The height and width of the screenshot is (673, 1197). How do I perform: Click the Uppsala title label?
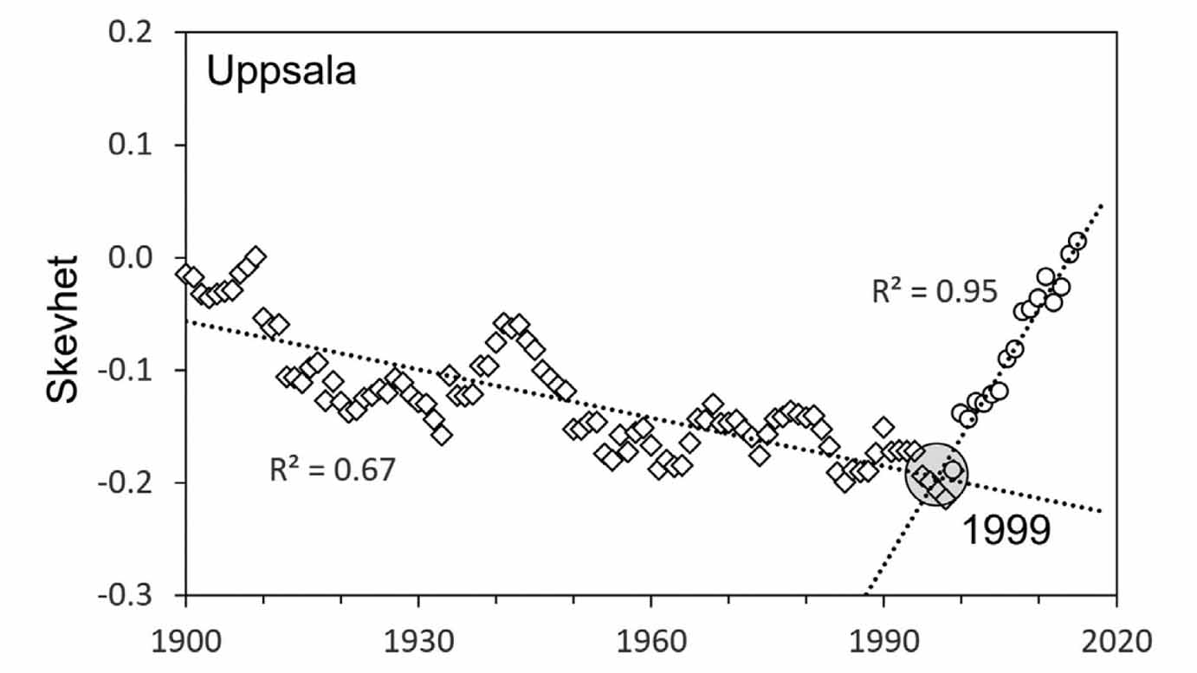(281, 72)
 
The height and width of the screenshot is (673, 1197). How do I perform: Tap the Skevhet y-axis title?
(62, 328)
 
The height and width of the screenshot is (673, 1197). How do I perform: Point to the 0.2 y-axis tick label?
(141, 32)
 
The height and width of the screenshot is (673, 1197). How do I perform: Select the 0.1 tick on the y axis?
(141, 145)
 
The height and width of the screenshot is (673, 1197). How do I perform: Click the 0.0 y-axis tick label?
(141, 257)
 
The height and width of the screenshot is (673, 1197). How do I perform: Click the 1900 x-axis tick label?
(185, 643)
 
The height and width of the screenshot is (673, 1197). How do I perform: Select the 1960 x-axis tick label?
(650, 643)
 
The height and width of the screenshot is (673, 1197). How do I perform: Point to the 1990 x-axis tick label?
(883, 643)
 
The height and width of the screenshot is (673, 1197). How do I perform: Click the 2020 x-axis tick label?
(1116, 643)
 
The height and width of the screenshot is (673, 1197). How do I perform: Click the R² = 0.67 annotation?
(332, 469)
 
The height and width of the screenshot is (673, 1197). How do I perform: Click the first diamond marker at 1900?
(185, 272)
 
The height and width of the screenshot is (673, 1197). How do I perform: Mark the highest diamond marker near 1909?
(256, 256)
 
